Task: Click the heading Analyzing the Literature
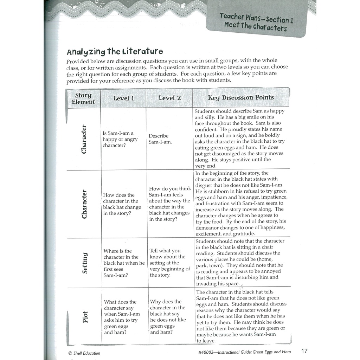click(115, 52)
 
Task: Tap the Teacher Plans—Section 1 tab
click(256, 18)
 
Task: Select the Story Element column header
click(83, 98)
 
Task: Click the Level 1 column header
click(123, 98)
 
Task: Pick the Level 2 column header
click(169, 98)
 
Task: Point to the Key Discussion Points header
click(241, 97)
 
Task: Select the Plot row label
click(85, 317)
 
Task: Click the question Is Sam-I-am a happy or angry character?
click(120, 139)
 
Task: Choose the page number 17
click(304, 351)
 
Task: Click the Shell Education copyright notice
click(84, 353)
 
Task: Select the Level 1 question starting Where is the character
click(124, 263)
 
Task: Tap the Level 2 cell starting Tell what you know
click(170, 263)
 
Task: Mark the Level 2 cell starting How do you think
click(170, 204)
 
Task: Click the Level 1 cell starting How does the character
click(122, 204)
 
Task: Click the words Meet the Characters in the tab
click(255, 27)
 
